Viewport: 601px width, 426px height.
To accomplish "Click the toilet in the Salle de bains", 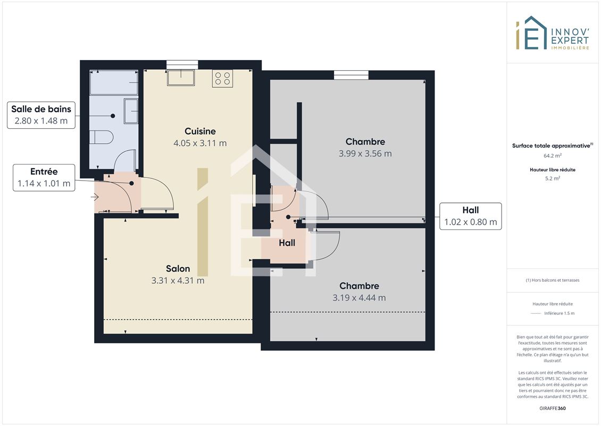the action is click(x=101, y=137).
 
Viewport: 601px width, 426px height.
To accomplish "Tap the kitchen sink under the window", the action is click(x=181, y=78).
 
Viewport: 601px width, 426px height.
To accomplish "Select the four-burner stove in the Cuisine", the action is click(x=223, y=78).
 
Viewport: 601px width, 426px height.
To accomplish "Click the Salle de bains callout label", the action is click(x=41, y=114).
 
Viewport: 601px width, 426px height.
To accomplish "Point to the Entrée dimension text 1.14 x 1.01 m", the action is click(x=44, y=184).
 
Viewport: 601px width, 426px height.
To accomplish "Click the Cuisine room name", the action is click(x=200, y=131).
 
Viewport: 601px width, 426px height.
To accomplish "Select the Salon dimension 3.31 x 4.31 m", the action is click(x=178, y=281).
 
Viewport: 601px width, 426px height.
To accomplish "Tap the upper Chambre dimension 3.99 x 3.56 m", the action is click(x=365, y=153).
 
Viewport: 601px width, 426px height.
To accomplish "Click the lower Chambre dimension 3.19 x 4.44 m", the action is click(x=359, y=298).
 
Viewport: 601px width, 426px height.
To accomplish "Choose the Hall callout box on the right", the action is click(x=470, y=216).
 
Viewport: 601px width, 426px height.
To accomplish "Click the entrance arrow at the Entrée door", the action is click(x=95, y=197).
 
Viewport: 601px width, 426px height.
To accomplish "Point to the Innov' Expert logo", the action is click(x=552, y=34).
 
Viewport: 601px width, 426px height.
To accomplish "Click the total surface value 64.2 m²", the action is click(x=552, y=155).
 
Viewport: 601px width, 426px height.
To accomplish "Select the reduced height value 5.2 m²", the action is click(x=552, y=178).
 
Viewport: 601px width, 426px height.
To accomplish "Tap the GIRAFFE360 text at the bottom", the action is click(x=552, y=408).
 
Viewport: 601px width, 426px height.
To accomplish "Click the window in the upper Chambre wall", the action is click(x=351, y=75).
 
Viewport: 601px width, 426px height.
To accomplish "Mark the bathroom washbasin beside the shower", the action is click(x=131, y=111).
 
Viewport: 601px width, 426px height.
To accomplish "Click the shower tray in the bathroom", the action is click(x=114, y=82).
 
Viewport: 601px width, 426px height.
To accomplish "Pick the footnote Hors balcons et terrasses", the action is click(x=552, y=280).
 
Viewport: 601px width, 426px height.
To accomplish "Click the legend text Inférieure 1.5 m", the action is click(x=559, y=313).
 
